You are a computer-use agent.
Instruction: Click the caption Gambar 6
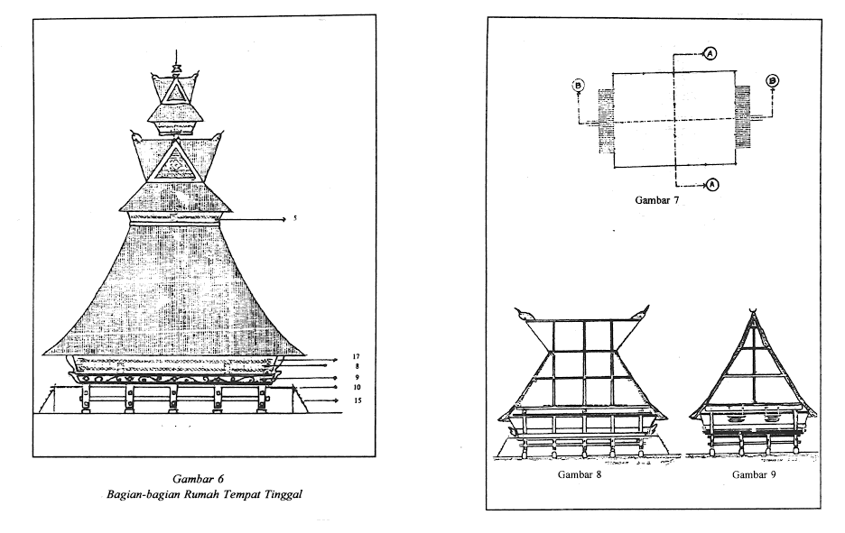point(198,479)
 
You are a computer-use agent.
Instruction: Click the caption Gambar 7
point(656,200)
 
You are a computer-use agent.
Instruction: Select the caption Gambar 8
point(580,474)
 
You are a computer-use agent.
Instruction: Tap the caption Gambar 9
point(754,474)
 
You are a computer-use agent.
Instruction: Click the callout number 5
point(295,218)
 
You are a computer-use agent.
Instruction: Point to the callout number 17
point(356,356)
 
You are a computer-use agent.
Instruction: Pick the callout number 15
point(357,400)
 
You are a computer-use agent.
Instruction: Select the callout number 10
point(357,387)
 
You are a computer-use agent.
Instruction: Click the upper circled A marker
point(710,53)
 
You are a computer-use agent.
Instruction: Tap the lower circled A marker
point(712,185)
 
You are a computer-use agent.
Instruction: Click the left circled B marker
point(579,85)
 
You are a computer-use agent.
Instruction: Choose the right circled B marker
point(772,81)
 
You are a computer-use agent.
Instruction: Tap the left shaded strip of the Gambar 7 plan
point(606,121)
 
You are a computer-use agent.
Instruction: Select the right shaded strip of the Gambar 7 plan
point(743,116)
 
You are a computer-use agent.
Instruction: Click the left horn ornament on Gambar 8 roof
point(524,315)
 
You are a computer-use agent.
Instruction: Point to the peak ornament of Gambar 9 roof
point(754,309)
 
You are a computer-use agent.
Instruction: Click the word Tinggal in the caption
point(283,495)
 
